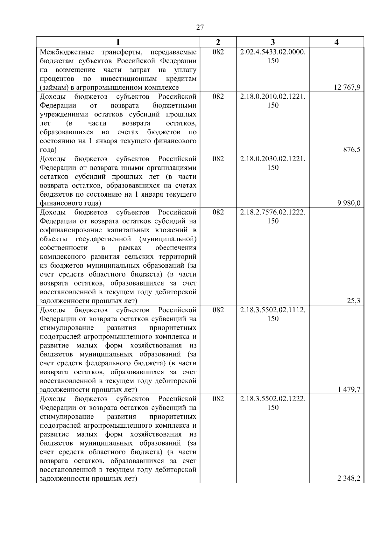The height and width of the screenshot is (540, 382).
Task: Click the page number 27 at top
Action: (x=200, y=27)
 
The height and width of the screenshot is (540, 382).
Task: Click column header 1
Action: (x=118, y=42)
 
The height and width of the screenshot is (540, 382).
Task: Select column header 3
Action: (x=273, y=42)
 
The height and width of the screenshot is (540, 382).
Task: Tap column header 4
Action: (x=336, y=42)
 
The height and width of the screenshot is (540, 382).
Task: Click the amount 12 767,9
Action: (x=347, y=88)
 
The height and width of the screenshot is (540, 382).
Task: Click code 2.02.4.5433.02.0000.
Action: (x=273, y=52)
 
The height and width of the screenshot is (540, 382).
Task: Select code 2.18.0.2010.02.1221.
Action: (x=273, y=96)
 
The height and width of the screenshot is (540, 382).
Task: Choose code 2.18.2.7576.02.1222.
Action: (x=273, y=212)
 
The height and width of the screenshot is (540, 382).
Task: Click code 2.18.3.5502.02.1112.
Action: (x=273, y=310)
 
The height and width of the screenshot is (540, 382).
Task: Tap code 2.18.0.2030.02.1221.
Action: (x=273, y=159)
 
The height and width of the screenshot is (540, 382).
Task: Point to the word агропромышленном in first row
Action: (x=115, y=88)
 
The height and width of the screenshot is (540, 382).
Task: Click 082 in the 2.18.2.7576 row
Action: (x=218, y=212)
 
